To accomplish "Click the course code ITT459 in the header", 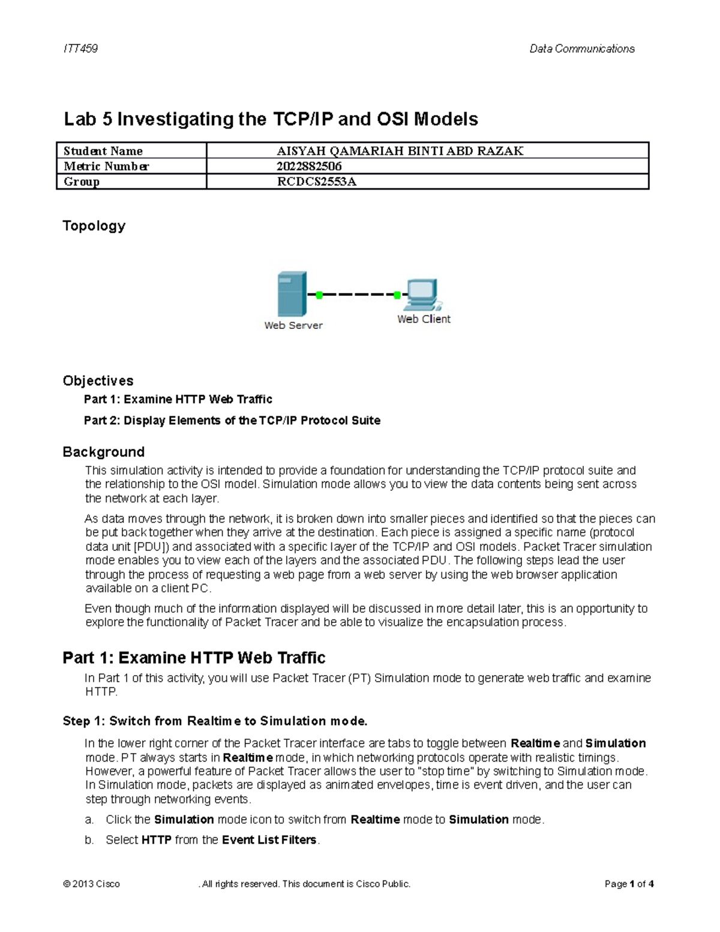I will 80,49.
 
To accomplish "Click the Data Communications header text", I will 581,49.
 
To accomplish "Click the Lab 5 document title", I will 271,119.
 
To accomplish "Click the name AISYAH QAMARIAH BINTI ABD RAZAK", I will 400,151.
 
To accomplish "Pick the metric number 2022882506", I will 309,166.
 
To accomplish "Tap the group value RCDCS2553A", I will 316,181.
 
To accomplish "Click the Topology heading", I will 94,226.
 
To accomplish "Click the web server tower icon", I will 292,294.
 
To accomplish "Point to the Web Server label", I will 293,325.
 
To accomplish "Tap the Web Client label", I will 424,319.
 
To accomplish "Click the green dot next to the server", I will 319,295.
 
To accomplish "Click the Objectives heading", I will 98,380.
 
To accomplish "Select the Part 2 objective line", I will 232,420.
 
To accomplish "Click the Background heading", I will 103,452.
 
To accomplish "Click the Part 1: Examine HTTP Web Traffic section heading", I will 194,658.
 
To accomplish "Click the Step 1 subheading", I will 215,721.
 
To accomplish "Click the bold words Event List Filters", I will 269,840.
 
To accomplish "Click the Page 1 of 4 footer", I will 629,884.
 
